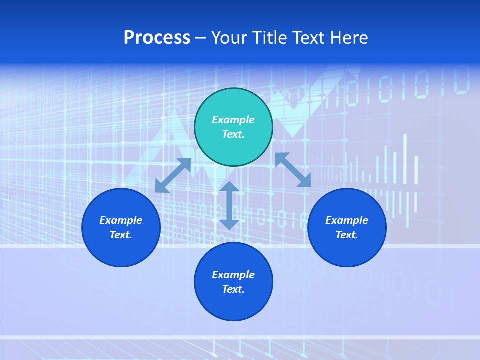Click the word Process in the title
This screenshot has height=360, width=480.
click(157, 38)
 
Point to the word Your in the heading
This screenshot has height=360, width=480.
click(230, 38)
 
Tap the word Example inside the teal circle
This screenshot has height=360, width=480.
click(233, 120)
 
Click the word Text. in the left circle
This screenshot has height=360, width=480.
click(121, 235)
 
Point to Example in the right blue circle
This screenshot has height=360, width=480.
click(347, 220)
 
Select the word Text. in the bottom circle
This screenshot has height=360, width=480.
click(233, 289)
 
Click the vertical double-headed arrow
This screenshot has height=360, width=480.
click(229, 205)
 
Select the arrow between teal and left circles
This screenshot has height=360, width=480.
click(173, 175)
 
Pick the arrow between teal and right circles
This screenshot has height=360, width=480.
click(293, 170)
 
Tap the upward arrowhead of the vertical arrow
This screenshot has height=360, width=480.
click(229, 187)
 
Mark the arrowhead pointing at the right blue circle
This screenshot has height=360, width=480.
click(304, 181)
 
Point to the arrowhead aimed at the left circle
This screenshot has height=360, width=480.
click(161, 186)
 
